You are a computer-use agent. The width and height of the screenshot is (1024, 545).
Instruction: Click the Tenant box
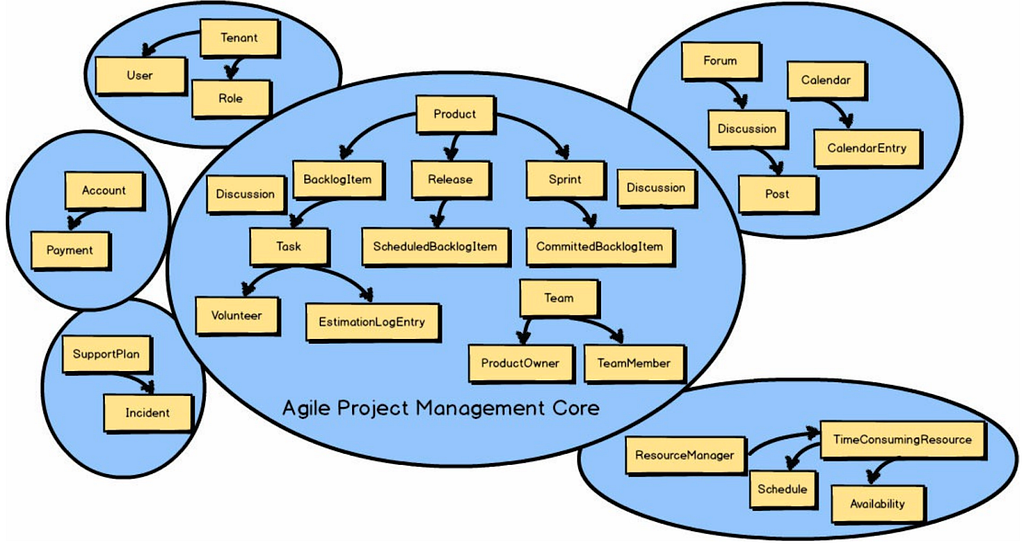coord(239,38)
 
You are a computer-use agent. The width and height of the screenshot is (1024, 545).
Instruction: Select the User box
coord(140,75)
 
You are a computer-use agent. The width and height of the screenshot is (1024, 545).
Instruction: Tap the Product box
coord(455,114)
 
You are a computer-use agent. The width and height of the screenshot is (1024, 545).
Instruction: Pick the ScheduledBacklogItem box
coord(436,247)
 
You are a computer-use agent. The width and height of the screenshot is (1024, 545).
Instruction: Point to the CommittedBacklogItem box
coord(600,247)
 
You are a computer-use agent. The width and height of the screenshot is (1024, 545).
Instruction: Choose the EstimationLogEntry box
coord(372,322)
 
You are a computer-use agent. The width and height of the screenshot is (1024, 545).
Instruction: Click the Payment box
coord(70,250)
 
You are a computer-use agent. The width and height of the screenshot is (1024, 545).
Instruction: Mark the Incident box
coord(148,413)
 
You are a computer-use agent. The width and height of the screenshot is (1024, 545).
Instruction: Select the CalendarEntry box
coord(867,148)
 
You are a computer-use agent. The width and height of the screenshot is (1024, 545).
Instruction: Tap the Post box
coord(777,194)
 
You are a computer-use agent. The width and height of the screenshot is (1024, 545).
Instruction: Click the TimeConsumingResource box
coord(903,440)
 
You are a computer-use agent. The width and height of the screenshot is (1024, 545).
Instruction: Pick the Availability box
coord(878,504)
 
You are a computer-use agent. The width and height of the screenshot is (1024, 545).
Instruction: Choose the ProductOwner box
coord(520,363)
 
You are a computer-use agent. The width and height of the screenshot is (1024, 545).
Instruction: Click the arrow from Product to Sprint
coord(536,126)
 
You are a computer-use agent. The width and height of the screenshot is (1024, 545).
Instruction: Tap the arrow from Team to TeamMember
coord(583,322)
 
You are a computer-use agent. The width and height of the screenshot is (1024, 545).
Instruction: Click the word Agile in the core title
coord(304,409)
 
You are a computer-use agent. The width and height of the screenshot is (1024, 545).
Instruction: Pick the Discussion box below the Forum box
coord(747,129)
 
